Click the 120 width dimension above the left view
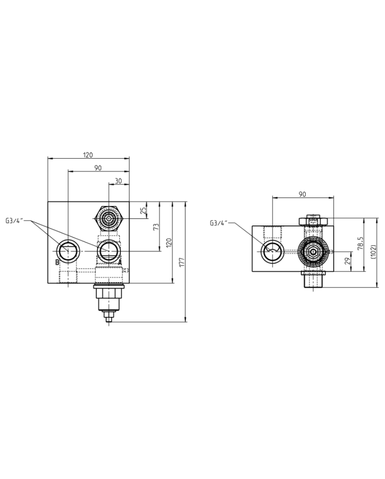[88, 155]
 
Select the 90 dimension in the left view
[98, 168]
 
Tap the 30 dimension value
[118, 181]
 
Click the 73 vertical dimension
[156, 227]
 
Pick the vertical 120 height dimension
[169, 242]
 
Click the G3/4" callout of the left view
[16, 220]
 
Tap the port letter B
[57, 262]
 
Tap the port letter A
[120, 262]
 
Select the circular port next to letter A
[108, 251]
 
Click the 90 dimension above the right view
[302, 194]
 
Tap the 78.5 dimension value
[361, 243]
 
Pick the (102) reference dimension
[373, 251]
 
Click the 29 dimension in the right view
[346, 261]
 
